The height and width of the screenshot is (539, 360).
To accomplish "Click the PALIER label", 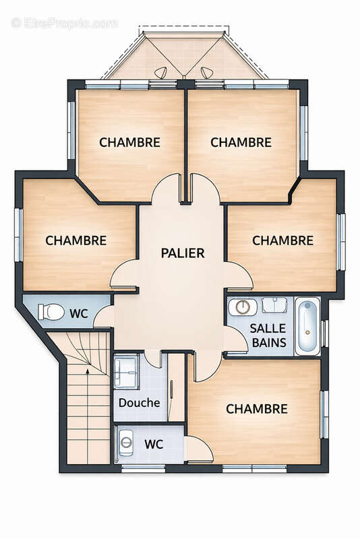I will point(182,253).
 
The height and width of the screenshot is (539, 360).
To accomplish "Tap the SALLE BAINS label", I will point(268,335).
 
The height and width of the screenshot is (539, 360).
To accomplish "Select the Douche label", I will point(139,403).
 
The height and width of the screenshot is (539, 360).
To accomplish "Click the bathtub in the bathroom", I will point(307,327).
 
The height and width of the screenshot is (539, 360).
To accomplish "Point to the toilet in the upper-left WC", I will point(51,312).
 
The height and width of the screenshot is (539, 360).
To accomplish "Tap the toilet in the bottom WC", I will point(126,443).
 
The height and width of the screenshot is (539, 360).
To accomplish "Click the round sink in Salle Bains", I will point(242,307).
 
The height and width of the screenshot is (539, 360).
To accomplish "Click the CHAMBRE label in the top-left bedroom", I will point(129,142).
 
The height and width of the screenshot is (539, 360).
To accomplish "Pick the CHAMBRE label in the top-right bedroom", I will point(241,142).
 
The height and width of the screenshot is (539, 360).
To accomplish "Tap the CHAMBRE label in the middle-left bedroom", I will point(76,240).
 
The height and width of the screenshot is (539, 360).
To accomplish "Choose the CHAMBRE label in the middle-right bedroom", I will point(282,240).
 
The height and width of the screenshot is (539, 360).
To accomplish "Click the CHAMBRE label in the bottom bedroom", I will point(256,409).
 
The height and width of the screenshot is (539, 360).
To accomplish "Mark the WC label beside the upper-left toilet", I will point(80,313).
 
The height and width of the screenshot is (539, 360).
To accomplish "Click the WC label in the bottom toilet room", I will point(154,445).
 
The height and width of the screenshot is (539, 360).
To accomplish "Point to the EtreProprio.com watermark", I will point(65,23).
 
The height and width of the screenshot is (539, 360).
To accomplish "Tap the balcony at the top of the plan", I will point(183,55).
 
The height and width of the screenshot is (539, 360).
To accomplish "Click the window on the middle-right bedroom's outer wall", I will point(341,241).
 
